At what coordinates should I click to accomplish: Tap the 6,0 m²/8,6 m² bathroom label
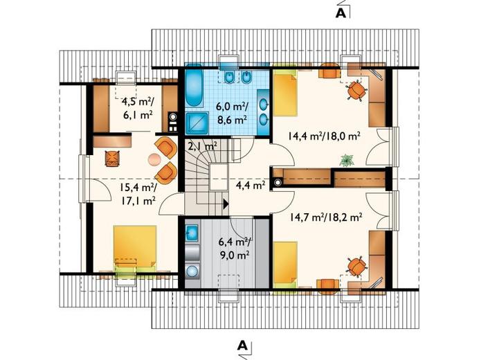tap(232, 113)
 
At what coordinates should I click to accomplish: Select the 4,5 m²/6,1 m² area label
tap(137, 107)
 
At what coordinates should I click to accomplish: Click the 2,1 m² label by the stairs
tap(203, 146)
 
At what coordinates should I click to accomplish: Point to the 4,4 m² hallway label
tap(250, 185)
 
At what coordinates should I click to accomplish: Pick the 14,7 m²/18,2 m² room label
tap(325, 217)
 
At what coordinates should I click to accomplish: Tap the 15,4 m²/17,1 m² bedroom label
tap(138, 195)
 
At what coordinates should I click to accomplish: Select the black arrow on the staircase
tap(226, 204)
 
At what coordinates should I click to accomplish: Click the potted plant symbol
tap(346, 160)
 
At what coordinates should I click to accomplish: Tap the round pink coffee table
tap(154, 159)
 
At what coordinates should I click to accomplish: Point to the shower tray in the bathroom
tap(197, 123)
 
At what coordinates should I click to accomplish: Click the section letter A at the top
tap(341, 13)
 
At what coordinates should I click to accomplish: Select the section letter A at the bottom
tap(242, 345)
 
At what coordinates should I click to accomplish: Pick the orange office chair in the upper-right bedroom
tap(355, 89)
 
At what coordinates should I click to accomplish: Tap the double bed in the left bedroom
tap(135, 248)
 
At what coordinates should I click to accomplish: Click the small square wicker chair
tap(111, 159)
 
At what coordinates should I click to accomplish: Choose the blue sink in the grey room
tap(192, 232)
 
